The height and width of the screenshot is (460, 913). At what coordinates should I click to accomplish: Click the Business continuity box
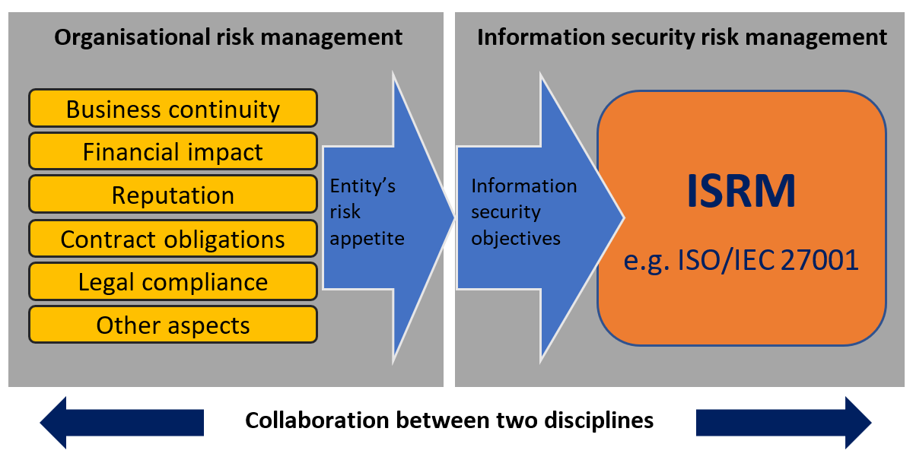[173, 109]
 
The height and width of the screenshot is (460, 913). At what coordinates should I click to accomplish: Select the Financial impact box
[173, 152]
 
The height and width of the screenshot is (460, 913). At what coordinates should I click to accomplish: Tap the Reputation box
[173, 195]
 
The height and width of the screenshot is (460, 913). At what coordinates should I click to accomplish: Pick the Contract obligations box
[173, 239]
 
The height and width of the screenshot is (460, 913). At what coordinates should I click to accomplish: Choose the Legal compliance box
[173, 282]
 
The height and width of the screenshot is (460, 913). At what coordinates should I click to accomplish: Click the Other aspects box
[173, 325]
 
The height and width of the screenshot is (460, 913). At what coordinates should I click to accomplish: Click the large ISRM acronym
[741, 192]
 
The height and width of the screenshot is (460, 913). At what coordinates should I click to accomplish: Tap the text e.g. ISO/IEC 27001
[741, 260]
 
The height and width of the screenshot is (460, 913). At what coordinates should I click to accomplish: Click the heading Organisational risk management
[228, 36]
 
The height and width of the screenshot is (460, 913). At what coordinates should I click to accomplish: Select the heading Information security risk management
[682, 36]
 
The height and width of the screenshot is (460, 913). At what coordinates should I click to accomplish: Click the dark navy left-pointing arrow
[122, 422]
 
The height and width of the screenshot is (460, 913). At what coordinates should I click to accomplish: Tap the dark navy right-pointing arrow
[784, 422]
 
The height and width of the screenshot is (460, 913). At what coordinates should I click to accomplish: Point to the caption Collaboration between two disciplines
[449, 420]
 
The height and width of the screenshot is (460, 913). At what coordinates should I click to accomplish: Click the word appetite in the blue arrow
[367, 238]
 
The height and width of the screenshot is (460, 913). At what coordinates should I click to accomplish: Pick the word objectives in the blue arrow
[515, 238]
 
